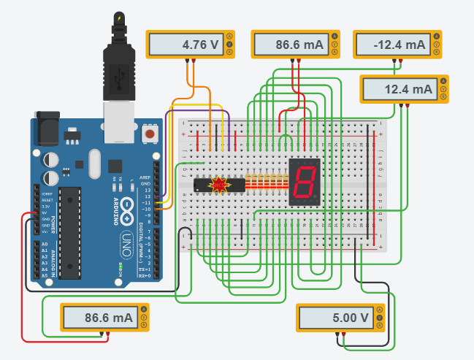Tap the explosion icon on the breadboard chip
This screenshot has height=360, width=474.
click(x=219, y=185)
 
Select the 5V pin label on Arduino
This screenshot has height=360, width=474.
click(x=44, y=212)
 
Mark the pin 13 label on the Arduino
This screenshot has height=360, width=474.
click(x=146, y=190)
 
